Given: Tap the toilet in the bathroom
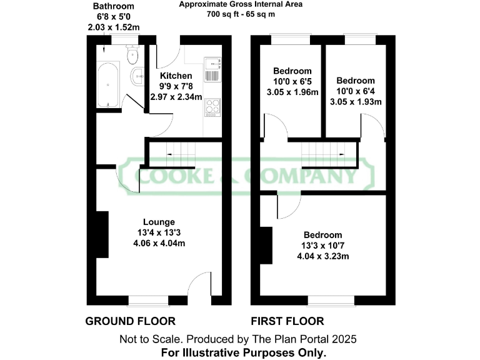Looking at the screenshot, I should click(132, 56).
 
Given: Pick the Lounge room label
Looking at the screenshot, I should click(159, 222).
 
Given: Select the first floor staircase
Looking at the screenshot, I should click(322, 154).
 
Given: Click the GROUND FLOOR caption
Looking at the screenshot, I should click(130, 321).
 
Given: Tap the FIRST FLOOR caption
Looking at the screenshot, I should click(287, 321).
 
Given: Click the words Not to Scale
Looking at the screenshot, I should click(147, 339).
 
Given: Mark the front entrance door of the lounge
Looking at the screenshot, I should click(200, 289).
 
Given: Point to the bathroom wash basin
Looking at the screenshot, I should click(137, 77).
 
